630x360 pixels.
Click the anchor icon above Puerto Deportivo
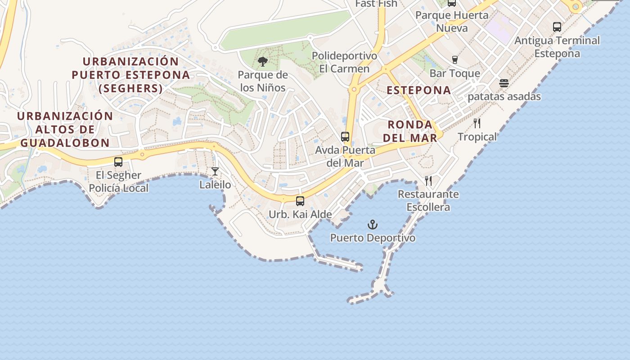(x=373, y=224)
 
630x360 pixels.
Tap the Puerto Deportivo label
(x=373, y=238)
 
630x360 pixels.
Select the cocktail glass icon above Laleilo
(x=215, y=171)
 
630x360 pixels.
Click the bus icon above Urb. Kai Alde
(x=300, y=201)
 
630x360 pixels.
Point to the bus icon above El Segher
(x=118, y=162)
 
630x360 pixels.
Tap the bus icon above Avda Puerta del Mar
(x=345, y=137)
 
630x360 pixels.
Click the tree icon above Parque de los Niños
(x=262, y=62)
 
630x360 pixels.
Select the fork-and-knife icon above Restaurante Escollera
(x=428, y=181)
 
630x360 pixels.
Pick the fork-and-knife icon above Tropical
(x=477, y=123)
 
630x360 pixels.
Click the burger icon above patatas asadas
(x=504, y=83)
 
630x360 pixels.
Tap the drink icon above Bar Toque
(x=454, y=60)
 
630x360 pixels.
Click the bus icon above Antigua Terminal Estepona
(x=557, y=27)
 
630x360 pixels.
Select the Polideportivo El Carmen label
(x=344, y=62)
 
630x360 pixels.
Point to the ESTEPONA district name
(x=419, y=90)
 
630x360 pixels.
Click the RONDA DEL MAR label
(x=410, y=131)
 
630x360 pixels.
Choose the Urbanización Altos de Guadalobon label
(x=65, y=129)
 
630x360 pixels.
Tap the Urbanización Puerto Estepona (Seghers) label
(x=130, y=75)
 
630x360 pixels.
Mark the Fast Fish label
(x=376, y=4)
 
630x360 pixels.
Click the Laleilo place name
(x=215, y=184)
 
